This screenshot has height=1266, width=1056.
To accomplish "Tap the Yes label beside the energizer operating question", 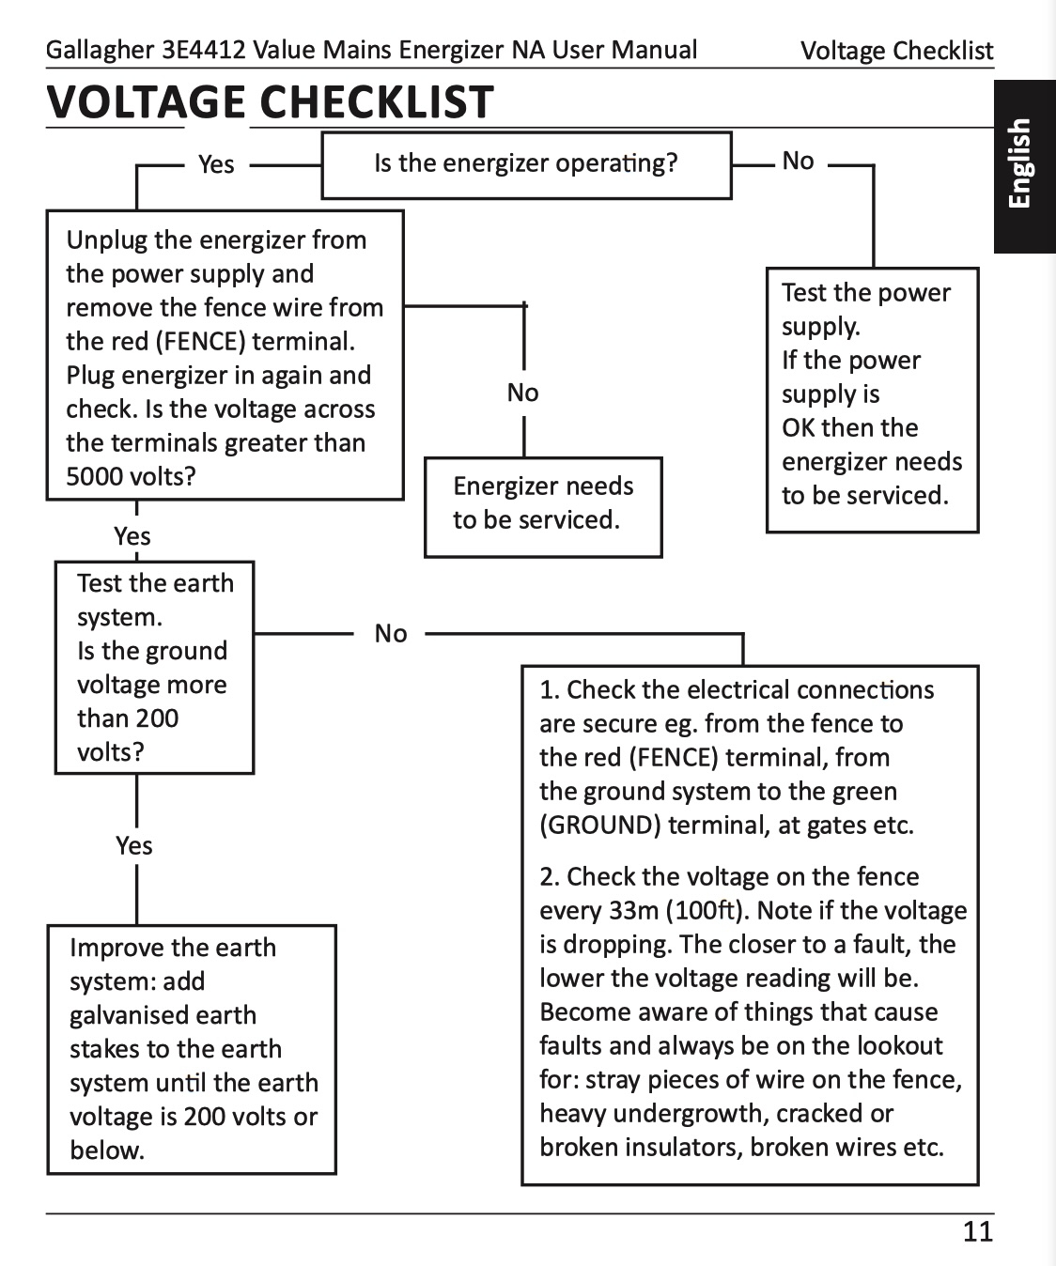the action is click(x=216, y=164).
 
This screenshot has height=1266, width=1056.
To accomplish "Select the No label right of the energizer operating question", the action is click(x=798, y=162).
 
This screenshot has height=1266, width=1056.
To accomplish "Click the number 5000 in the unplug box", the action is click(x=96, y=476).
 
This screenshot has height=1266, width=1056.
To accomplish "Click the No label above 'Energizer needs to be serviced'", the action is click(x=523, y=393).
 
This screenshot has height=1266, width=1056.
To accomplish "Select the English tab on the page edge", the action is click(x=1024, y=166).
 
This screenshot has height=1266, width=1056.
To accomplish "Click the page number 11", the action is click(x=978, y=1232).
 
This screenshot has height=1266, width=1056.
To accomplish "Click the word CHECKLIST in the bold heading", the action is click(x=377, y=101).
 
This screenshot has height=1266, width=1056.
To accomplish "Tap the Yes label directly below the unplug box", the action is click(x=132, y=536).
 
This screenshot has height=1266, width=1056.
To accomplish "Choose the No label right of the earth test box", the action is click(x=391, y=634).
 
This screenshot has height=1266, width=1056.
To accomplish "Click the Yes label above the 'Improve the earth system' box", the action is click(x=134, y=846).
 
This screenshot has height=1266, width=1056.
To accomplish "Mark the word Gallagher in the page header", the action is click(x=101, y=51).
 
